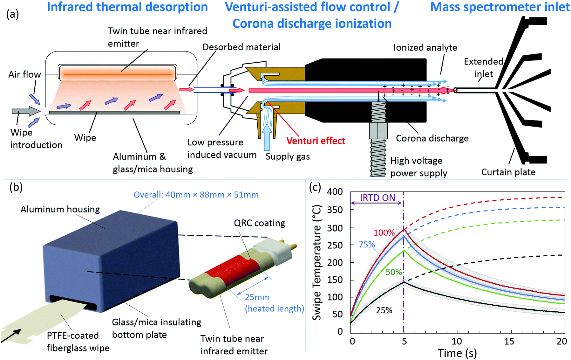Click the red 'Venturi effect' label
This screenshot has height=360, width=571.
click(316, 141)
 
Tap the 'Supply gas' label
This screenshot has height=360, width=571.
click(288, 156)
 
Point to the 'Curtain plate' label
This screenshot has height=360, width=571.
click(508, 172)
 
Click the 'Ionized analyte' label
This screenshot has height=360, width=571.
click(425, 48)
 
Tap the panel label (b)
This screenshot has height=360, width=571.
click(16, 187)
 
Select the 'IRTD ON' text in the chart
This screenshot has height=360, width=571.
click(377, 198)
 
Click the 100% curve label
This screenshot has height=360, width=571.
click(384, 233)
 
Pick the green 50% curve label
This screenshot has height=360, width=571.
click(394, 272)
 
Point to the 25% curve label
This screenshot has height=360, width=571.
click(384, 310)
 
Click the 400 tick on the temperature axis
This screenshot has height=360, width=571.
click(335, 192)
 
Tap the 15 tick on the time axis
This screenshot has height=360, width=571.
click(509, 341)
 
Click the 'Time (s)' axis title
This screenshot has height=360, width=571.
click(457, 353)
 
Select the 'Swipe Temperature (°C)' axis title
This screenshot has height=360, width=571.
click(317, 262)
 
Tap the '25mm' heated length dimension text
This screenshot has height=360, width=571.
click(257, 297)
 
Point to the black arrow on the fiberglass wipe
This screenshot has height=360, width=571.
click(11, 336)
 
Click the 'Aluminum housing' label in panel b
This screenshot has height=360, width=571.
click(60, 209)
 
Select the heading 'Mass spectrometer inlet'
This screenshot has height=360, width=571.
click(500, 7)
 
